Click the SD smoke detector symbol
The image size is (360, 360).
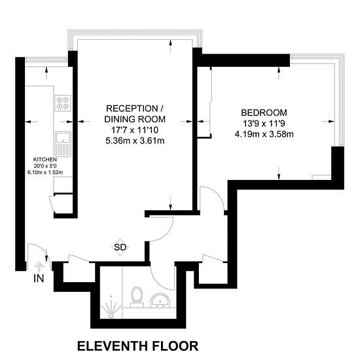[120, 247]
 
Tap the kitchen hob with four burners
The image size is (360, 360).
[63, 103]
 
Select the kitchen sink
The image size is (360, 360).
[63, 144]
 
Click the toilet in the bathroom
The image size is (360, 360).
[137, 297]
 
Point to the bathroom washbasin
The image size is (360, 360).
[160, 300]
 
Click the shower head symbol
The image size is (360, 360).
[111, 308]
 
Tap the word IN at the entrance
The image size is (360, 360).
[39, 278]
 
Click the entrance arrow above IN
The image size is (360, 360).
[39, 267]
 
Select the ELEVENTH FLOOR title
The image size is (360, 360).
[137, 346]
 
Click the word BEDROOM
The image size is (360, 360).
[264, 113]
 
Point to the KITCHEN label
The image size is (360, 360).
[45, 159]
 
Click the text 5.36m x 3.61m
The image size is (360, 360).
[135, 141]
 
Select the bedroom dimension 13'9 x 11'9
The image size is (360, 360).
[264, 124]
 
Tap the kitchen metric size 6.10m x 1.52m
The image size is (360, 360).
[45, 172]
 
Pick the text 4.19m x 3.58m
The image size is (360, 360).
[264, 134]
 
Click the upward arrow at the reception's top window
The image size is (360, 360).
[170, 46]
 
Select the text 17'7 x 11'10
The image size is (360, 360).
[135, 130]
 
